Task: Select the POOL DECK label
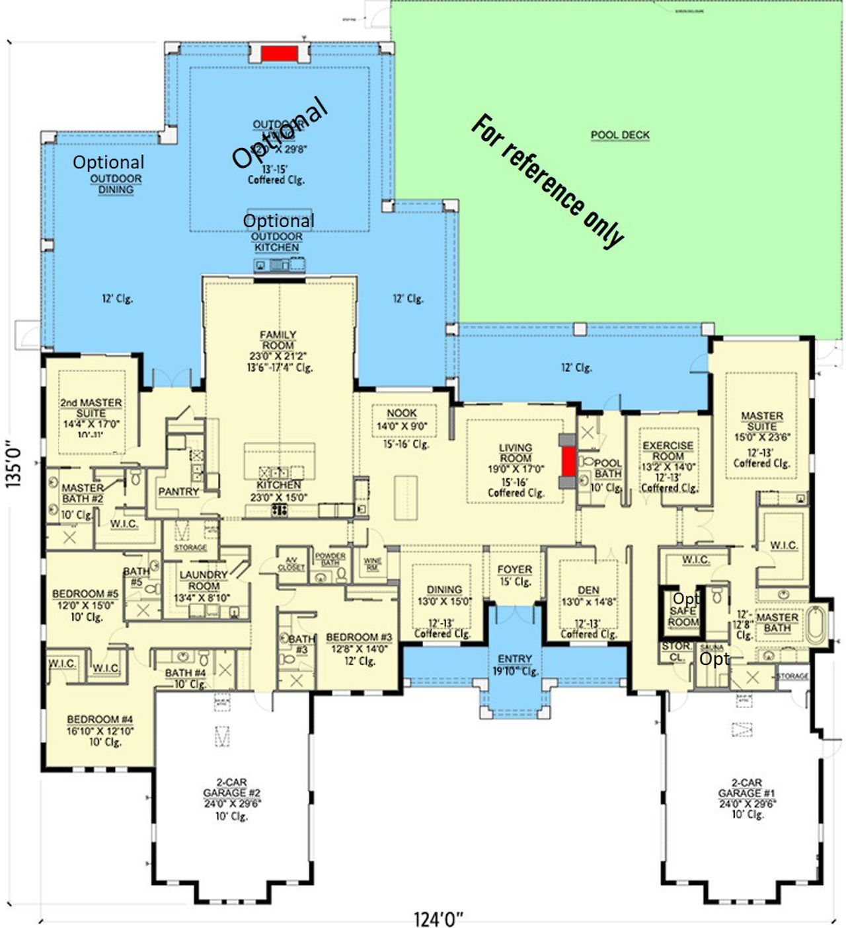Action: pyautogui.click(x=620, y=135)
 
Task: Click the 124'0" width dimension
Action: pyautogui.click(x=438, y=918)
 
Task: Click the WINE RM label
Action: pyautogui.click(x=373, y=565)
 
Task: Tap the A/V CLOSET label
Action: pyautogui.click(x=291, y=563)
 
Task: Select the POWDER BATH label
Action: pyautogui.click(x=330, y=559)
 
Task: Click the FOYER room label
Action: pyautogui.click(x=514, y=569)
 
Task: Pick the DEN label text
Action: pyautogui.click(x=588, y=590)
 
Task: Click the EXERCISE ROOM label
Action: pyautogui.click(x=668, y=451)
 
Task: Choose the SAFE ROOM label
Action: pyautogui.click(x=683, y=616)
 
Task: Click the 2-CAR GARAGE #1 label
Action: pyautogui.click(x=747, y=787)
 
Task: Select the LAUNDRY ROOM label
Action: pyautogui.click(x=204, y=581)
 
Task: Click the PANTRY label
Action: pyautogui.click(x=178, y=491)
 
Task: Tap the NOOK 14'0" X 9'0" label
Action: pyautogui.click(x=402, y=419)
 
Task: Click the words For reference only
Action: pyautogui.click(x=547, y=181)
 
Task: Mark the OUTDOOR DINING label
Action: pyautogui.click(x=116, y=184)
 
